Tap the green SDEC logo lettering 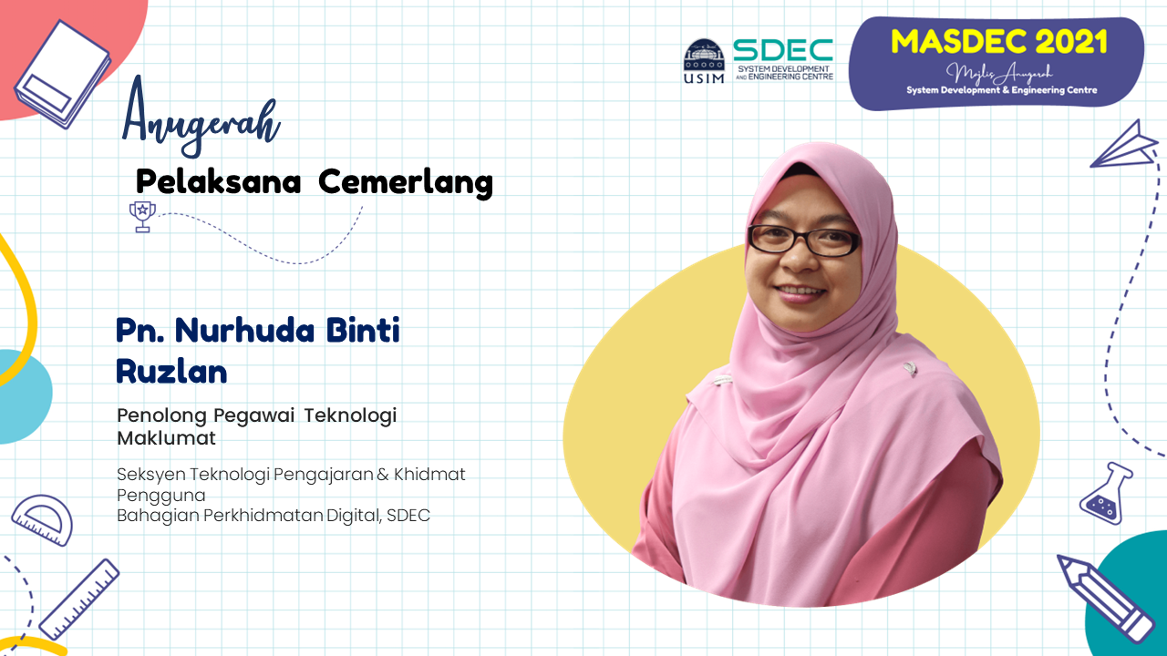coord(783,50)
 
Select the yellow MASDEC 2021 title coord(998,42)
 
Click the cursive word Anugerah coord(201,117)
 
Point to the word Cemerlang coord(406,183)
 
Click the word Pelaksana coord(218,181)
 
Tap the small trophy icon coord(142,216)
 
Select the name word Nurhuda coord(245,330)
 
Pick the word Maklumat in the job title coord(166,438)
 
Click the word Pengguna coord(161,495)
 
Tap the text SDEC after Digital coord(408,516)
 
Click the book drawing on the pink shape coord(63,74)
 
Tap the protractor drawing coord(43,519)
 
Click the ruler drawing coord(79,600)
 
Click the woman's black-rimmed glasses coord(802,240)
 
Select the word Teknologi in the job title coord(350,416)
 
